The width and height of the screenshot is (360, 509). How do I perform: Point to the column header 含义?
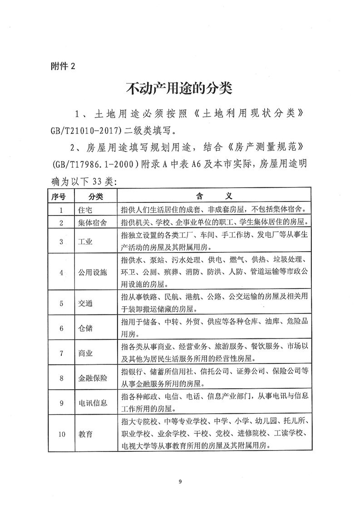point(213,196)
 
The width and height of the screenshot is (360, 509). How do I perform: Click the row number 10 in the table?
point(62,434)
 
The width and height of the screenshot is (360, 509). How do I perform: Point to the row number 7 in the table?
point(62,353)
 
